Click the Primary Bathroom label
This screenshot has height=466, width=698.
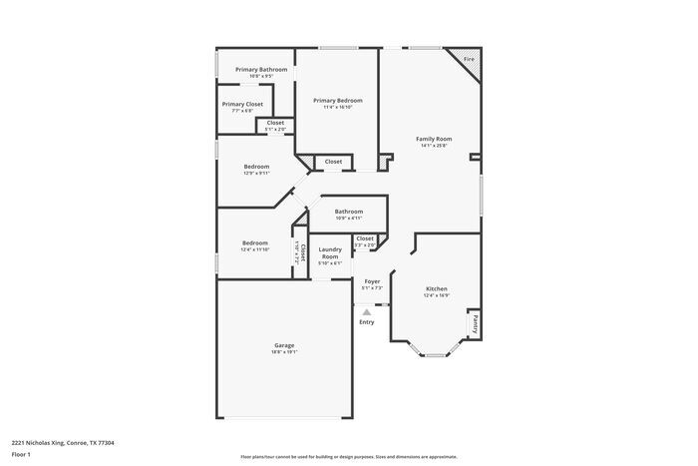coord(261,69)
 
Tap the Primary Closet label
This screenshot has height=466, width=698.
coord(242,104)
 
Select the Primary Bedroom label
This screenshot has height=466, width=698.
coord(337,100)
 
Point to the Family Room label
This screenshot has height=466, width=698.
coord(434,139)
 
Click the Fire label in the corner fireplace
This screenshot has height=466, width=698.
coord(469,60)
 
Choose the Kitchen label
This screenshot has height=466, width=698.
coord(437,288)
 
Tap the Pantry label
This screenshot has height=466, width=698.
coord(476,323)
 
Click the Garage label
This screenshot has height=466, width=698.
coord(284,345)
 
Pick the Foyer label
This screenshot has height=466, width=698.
coord(371,281)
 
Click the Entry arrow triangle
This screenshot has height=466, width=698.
coord(366,312)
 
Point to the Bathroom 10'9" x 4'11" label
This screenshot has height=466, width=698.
coord(349,212)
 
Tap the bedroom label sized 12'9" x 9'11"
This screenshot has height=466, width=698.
coord(257,167)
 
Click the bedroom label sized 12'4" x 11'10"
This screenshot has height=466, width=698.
coord(255,242)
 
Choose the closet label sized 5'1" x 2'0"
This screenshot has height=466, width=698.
coord(275,123)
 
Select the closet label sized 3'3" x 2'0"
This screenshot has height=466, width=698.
coord(365,238)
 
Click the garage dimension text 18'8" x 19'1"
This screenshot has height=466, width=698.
coord(284,352)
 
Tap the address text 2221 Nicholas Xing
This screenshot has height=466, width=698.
coord(62,442)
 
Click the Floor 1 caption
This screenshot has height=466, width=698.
coord(22,455)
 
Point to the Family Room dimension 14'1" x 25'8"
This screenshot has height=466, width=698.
coord(434,146)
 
